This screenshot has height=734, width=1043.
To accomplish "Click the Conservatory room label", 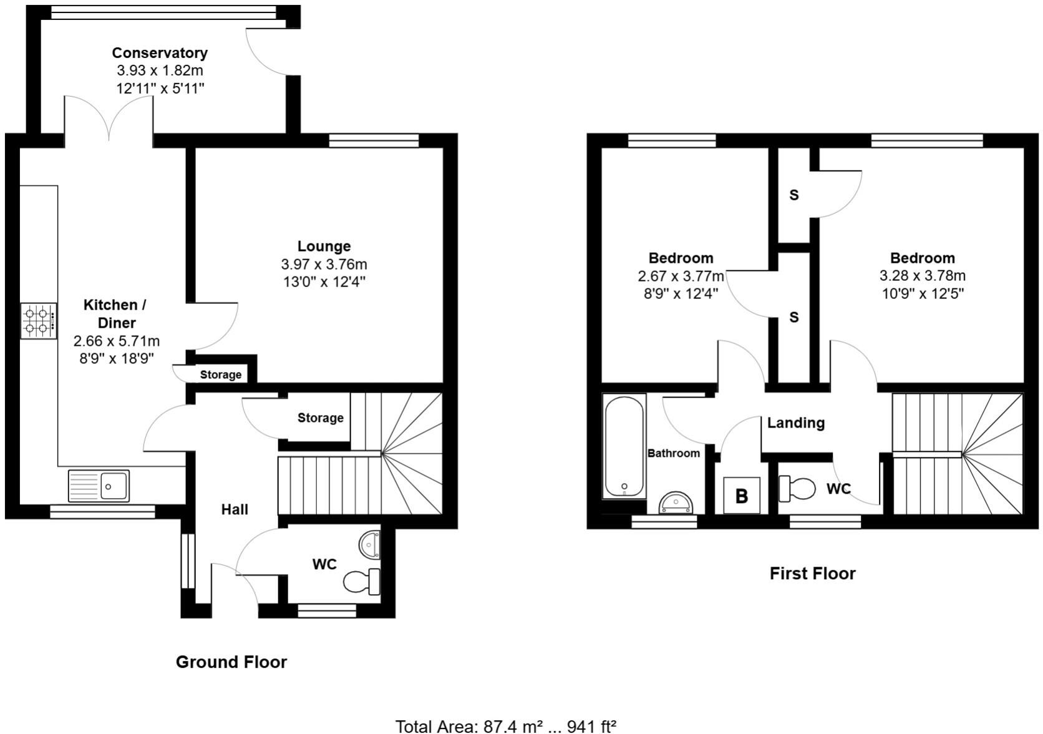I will [x=160, y=53].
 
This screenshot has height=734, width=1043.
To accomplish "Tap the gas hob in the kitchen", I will [x=38, y=321].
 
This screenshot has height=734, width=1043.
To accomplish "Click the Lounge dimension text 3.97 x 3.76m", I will [x=324, y=264].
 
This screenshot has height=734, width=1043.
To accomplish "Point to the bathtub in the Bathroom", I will [x=623, y=447].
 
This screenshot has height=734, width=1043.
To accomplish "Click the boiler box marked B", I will [x=742, y=496].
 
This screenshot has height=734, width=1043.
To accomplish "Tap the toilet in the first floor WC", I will [x=797, y=488].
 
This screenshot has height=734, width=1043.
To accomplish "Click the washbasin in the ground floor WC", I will [x=371, y=544].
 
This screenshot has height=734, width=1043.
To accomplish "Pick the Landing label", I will [x=795, y=423].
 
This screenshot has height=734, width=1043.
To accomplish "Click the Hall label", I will [x=235, y=510].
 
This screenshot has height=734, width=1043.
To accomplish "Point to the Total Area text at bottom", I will [x=506, y=726].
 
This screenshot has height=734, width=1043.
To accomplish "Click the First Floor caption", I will [x=812, y=574].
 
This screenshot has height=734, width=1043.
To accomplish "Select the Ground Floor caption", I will [x=231, y=662].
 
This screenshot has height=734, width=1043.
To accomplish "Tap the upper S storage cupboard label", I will [x=793, y=195].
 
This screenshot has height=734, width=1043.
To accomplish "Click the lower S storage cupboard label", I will [x=793, y=318].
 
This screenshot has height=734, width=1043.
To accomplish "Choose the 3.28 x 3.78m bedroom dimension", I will [x=922, y=276].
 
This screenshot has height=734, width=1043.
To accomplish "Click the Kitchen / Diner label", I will [x=115, y=314].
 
